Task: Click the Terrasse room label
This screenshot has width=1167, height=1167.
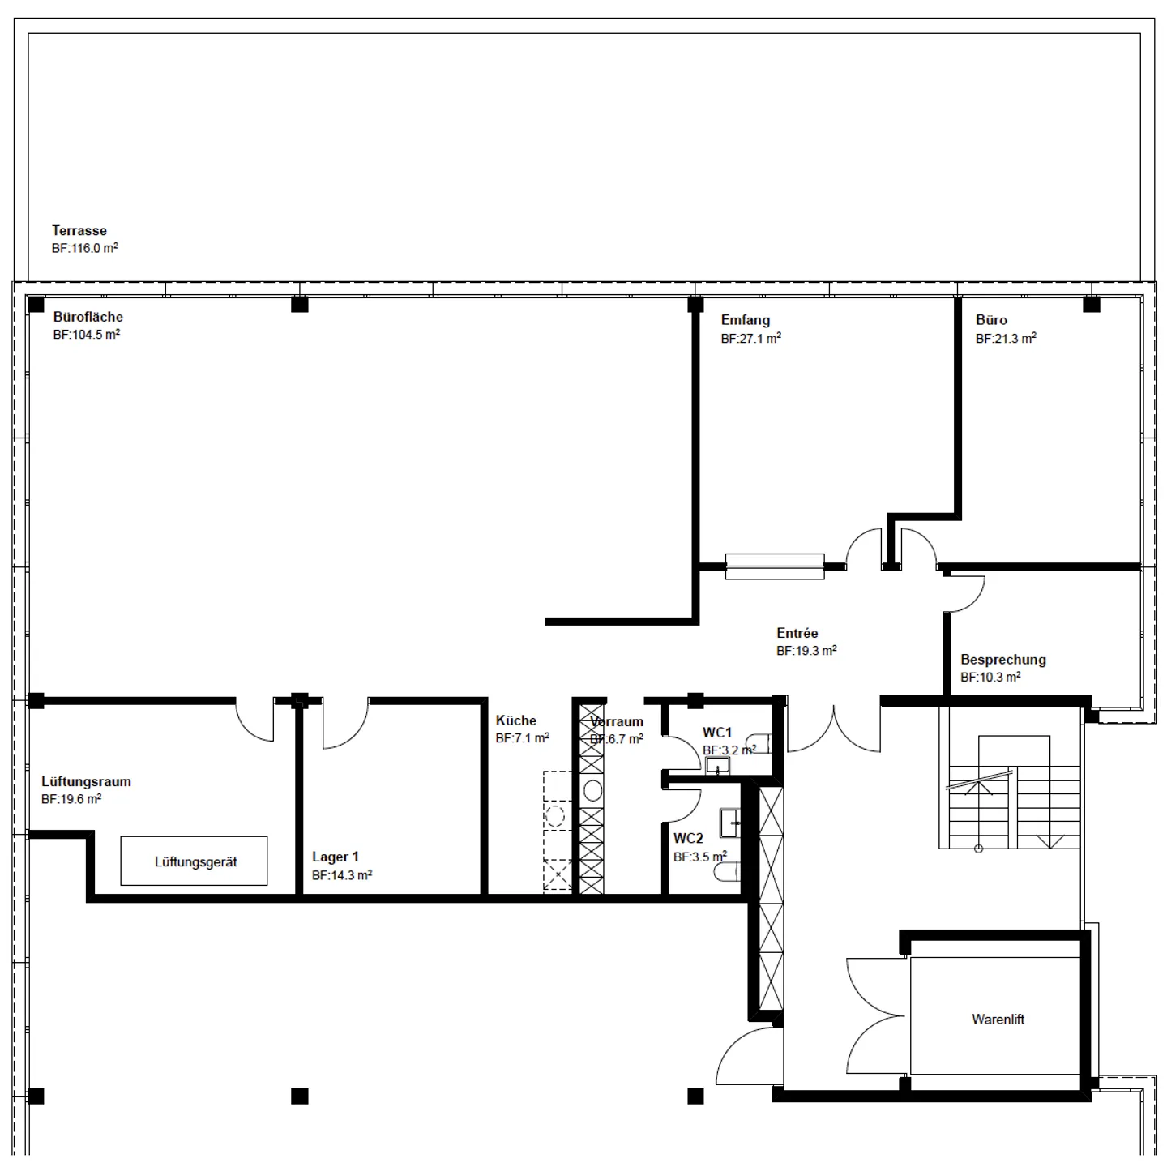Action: coord(79,231)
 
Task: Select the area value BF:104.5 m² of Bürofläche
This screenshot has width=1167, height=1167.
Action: coord(87,335)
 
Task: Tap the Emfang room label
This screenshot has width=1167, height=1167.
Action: coord(746,320)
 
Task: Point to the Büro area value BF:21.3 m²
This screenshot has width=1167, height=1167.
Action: coord(1006,339)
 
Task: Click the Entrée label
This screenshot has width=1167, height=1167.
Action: coord(797,633)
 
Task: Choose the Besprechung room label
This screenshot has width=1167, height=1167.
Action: coord(1003,660)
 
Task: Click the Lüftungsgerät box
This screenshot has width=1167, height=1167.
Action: coord(194,861)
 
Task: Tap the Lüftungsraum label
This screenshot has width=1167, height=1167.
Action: coord(86,782)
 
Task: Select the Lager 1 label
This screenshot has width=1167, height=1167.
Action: coord(336,857)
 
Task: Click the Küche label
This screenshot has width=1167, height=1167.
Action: coord(516,720)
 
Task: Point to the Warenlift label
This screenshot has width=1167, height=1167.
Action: coord(998,1020)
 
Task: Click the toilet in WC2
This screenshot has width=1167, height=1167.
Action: coord(727,872)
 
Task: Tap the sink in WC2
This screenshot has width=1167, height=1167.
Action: coord(730,823)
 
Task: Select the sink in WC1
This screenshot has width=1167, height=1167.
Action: coord(717,766)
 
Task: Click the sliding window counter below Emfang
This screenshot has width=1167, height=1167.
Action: coord(775,566)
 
